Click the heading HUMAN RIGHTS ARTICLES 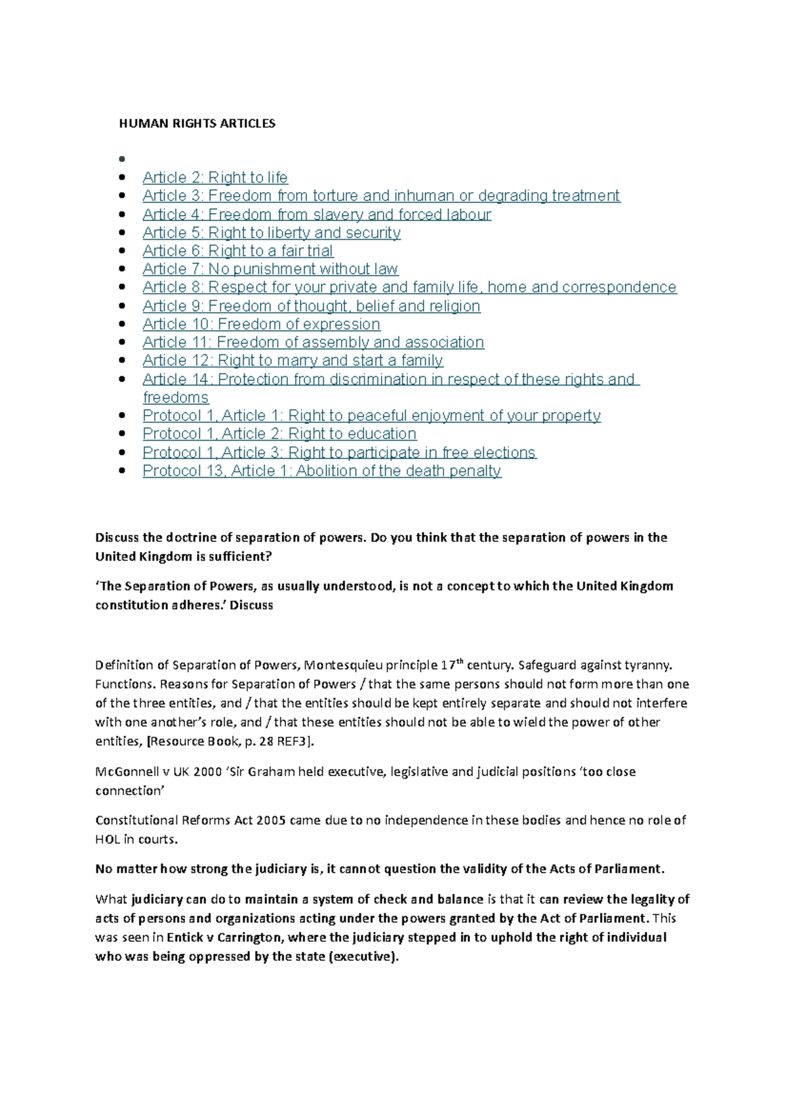(197, 123)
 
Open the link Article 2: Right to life (215, 178)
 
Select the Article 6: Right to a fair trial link (237, 251)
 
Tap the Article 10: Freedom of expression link (261, 324)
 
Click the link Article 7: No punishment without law (270, 269)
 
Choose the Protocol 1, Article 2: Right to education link (279, 434)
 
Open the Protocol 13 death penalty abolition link (321, 471)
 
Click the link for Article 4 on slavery (317, 214)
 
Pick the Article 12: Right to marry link (293, 361)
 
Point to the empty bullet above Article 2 (121, 159)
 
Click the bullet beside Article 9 (121, 306)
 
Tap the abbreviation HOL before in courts (108, 840)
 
